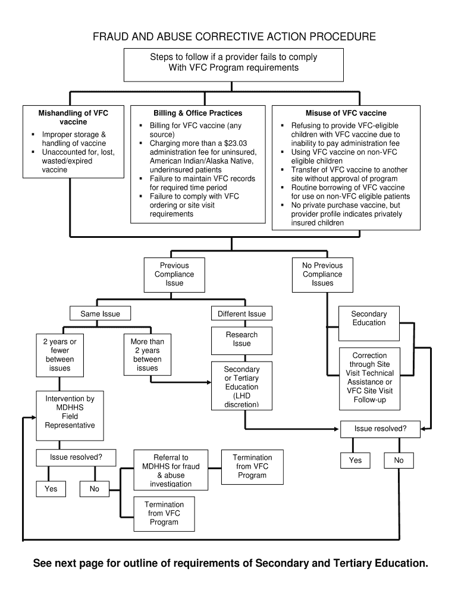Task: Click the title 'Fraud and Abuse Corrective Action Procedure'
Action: pyautogui.click(x=234, y=37)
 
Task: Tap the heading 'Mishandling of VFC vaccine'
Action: pyautogui.click(x=73, y=117)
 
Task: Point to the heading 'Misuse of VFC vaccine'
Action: pyautogui.click(x=346, y=113)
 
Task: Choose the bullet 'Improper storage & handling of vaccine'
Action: pyautogui.click(x=74, y=139)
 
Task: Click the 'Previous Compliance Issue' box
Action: pyautogui.click(x=174, y=274)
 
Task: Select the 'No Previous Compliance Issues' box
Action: pyautogui.click(x=322, y=274)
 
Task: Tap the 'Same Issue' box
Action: pyautogui.click(x=100, y=314)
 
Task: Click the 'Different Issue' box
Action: pyautogui.click(x=241, y=314)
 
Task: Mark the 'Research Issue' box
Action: pyautogui.click(x=241, y=339)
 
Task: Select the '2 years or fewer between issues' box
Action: pyautogui.click(x=59, y=355)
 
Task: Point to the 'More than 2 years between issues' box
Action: pyautogui.click(x=148, y=355)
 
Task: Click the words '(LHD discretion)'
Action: pyautogui.click(x=241, y=400)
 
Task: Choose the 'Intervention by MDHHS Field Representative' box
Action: pyautogui.click(x=70, y=412)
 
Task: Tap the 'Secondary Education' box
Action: pyautogui.click(x=369, y=318)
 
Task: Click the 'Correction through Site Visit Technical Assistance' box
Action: pyautogui.click(x=369, y=378)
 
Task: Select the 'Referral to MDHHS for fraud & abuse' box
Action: pyautogui.click(x=171, y=470)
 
